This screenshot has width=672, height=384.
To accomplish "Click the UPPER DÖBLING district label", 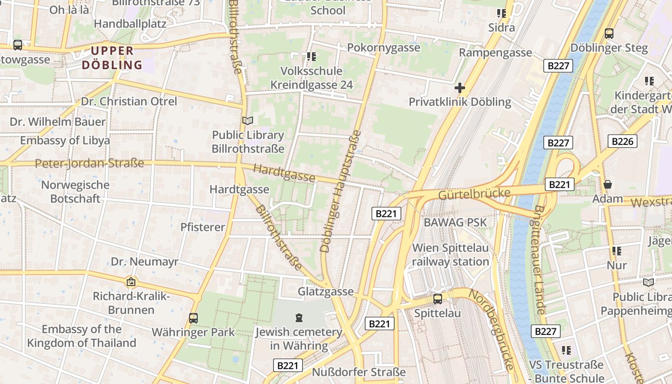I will pos(112,58).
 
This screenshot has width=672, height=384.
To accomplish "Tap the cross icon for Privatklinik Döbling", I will pos(460,88).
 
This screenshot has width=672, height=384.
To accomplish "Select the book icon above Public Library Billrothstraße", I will pos(248,120).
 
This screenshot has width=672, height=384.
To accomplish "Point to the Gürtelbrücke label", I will pos(474,193).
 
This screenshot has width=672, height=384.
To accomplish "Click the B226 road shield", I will pos(623,141).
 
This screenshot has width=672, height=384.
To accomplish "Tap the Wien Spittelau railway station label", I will pos(450,255).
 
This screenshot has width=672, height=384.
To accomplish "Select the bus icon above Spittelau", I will pos(438,299).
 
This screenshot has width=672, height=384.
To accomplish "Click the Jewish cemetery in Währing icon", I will pos(299,318).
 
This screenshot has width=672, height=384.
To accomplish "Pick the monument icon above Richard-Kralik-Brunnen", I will pos(131,282).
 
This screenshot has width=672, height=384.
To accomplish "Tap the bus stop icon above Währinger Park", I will pos(193,318).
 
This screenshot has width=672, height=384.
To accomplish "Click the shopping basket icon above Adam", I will pos(608,184).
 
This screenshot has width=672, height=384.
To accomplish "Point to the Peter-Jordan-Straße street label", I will pos(89,163).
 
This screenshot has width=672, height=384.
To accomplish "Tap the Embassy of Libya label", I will pos(65,141).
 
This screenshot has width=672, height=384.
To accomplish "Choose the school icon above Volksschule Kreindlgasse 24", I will pos(312,57).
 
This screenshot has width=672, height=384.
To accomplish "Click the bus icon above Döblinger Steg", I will pos(609,34).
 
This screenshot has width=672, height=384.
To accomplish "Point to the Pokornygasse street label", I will pos(384,48).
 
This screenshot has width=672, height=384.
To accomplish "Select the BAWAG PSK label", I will pos(455,222).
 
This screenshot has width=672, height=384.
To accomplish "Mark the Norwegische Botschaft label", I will pos(75,192).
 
